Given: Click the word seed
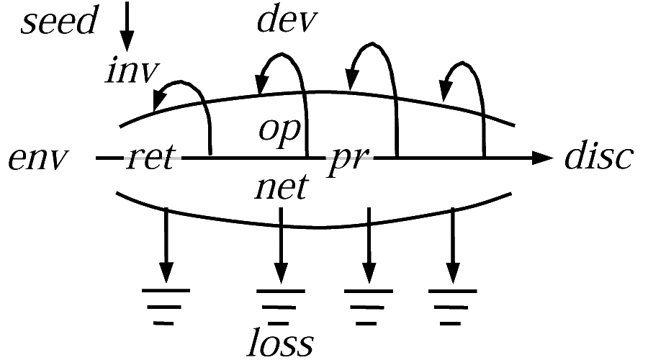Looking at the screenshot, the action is click(x=59, y=20).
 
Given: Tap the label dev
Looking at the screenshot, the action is click(x=287, y=20).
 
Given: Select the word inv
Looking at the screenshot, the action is click(x=132, y=71).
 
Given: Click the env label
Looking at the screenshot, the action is click(x=38, y=158).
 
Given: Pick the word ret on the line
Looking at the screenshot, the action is click(x=150, y=157).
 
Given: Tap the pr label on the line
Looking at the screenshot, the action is click(x=348, y=161).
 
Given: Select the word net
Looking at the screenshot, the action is click(x=282, y=187).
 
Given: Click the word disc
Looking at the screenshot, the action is click(x=599, y=155).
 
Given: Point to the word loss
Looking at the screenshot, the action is click(x=280, y=342).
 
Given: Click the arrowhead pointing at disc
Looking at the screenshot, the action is click(x=542, y=158).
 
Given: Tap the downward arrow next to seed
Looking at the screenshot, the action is click(x=127, y=27).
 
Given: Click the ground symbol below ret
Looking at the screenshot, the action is click(x=166, y=307).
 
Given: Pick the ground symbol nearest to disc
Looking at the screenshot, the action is click(x=453, y=307).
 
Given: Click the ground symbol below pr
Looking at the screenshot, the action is click(x=368, y=307).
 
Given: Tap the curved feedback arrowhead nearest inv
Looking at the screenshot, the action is click(x=160, y=99).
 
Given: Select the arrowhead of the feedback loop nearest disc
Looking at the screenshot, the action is click(x=445, y=91).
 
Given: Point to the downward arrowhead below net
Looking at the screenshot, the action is click(x=281, y=273).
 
